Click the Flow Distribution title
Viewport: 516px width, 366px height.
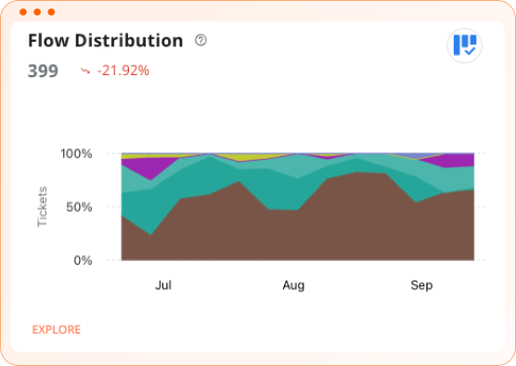coord(105,41)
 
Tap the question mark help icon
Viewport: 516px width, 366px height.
coord(201,40)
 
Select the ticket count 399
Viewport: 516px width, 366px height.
coord(43,71)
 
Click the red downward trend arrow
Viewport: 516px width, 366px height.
coord(86,71)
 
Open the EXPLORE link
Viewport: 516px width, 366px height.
coord(57,330)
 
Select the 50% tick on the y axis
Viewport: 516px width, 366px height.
coord(79,207)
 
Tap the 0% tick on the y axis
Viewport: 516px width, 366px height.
coord(83,261)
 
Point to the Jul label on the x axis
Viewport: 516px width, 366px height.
coord(164,286)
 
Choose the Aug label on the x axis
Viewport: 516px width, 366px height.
coord(293,286)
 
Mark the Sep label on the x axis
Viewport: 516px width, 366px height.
coord(421,286)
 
